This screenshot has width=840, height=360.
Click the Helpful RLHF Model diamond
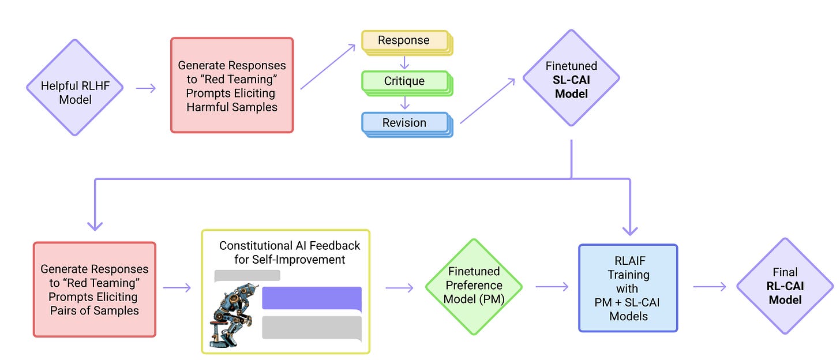(75, 88)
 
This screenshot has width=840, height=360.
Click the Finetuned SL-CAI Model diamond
(571, 78)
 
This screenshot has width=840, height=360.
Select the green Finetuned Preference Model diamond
(474, 286)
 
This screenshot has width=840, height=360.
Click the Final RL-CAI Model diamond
(785, 286)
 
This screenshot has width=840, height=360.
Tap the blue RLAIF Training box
(628, 288)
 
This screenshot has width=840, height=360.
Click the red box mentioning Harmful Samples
(232, 85)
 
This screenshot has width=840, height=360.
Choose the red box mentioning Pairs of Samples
(95, 289)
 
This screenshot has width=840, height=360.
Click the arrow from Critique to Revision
(405, 103)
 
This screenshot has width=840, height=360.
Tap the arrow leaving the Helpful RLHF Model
(146, 88)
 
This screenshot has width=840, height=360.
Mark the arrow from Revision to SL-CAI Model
(487, 102)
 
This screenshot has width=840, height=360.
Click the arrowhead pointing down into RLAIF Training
(630, 229)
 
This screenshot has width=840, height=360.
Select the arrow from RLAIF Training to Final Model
(708, 286)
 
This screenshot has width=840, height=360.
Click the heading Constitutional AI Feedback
(289, 252)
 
